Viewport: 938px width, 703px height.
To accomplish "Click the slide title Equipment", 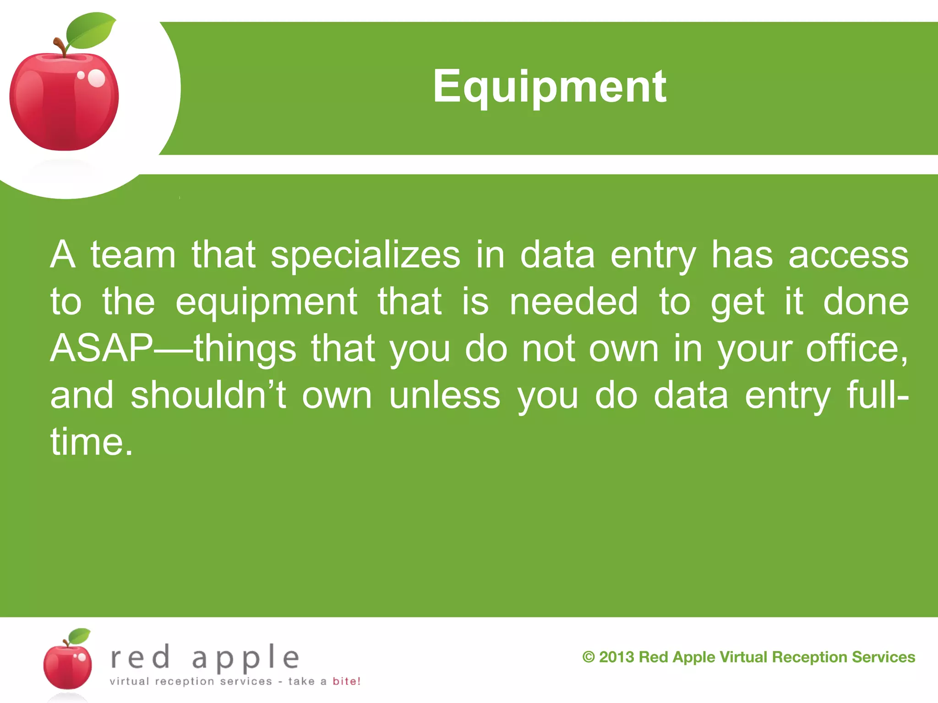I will [549, 87].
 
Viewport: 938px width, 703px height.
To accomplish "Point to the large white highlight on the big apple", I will [96, 78].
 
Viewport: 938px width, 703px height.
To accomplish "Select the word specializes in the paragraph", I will [365, 255].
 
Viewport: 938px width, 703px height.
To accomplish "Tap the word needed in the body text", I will [573, 302].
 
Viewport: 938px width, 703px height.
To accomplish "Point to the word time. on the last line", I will [92, 442].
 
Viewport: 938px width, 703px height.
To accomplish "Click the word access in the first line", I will [848, 255].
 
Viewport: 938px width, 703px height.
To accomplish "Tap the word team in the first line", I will [133, 255].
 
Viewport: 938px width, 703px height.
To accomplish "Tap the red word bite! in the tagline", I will [346, 681].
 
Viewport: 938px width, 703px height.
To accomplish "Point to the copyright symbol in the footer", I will [589, 657].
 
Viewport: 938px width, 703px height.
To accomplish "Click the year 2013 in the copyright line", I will [616, 657].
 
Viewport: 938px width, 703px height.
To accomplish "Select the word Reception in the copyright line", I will [808, 657].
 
